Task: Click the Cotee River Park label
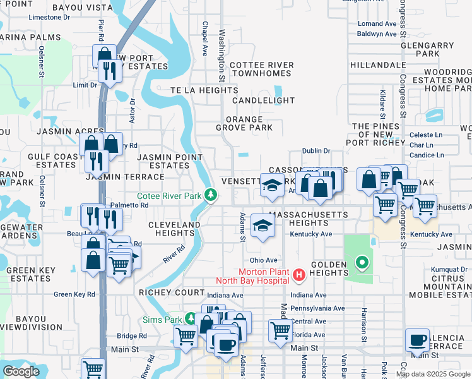click(169, 196)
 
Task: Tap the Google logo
click(21, 371)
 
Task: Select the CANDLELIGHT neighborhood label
click(263, 100)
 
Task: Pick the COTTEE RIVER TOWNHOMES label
click(261, 69)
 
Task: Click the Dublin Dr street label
click(316, 150)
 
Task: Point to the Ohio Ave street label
click(263, 260)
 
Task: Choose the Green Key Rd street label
click(74, 294)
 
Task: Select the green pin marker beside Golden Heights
click(362, 262)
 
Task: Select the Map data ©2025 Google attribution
click(433, 374)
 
